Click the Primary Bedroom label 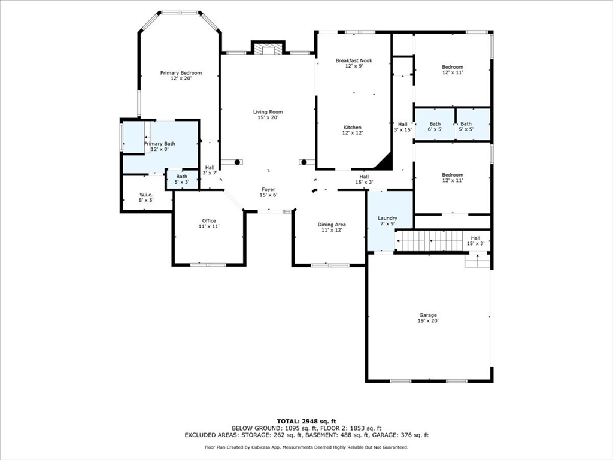[181, 75]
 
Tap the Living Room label [268, 114]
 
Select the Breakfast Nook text [354, 63]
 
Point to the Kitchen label [353, 130]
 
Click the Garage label [428, 318]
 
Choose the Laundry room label [387, 221]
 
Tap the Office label [209, 223]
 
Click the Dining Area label [332, 227]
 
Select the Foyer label [269, 192]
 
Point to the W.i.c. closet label [146, 198]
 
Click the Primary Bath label [159, 146]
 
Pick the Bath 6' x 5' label [435, 126]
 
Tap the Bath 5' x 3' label [182, 179]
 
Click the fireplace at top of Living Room [268, 47]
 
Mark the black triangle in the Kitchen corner [384, 161]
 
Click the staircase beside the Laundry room [429, 241]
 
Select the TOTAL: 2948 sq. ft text [306, 421]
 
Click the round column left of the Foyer [237, 162]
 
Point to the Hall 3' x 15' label [403, 127]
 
